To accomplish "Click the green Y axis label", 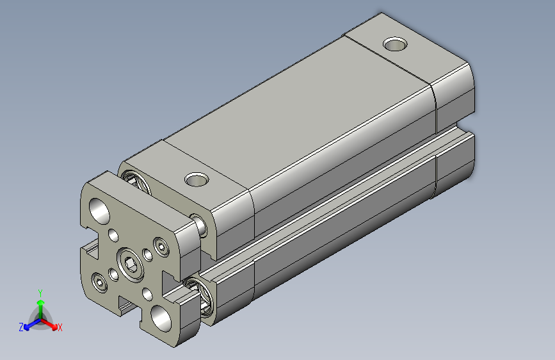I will [40, 291].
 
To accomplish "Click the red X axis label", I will [60, 328].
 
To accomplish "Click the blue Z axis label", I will [21, 327].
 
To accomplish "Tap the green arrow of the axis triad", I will [40, 304].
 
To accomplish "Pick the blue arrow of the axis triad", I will [29, 323].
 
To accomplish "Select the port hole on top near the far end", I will [396, 45].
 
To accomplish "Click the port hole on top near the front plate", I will [197, 179].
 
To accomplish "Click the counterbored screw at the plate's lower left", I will [99, 281].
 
